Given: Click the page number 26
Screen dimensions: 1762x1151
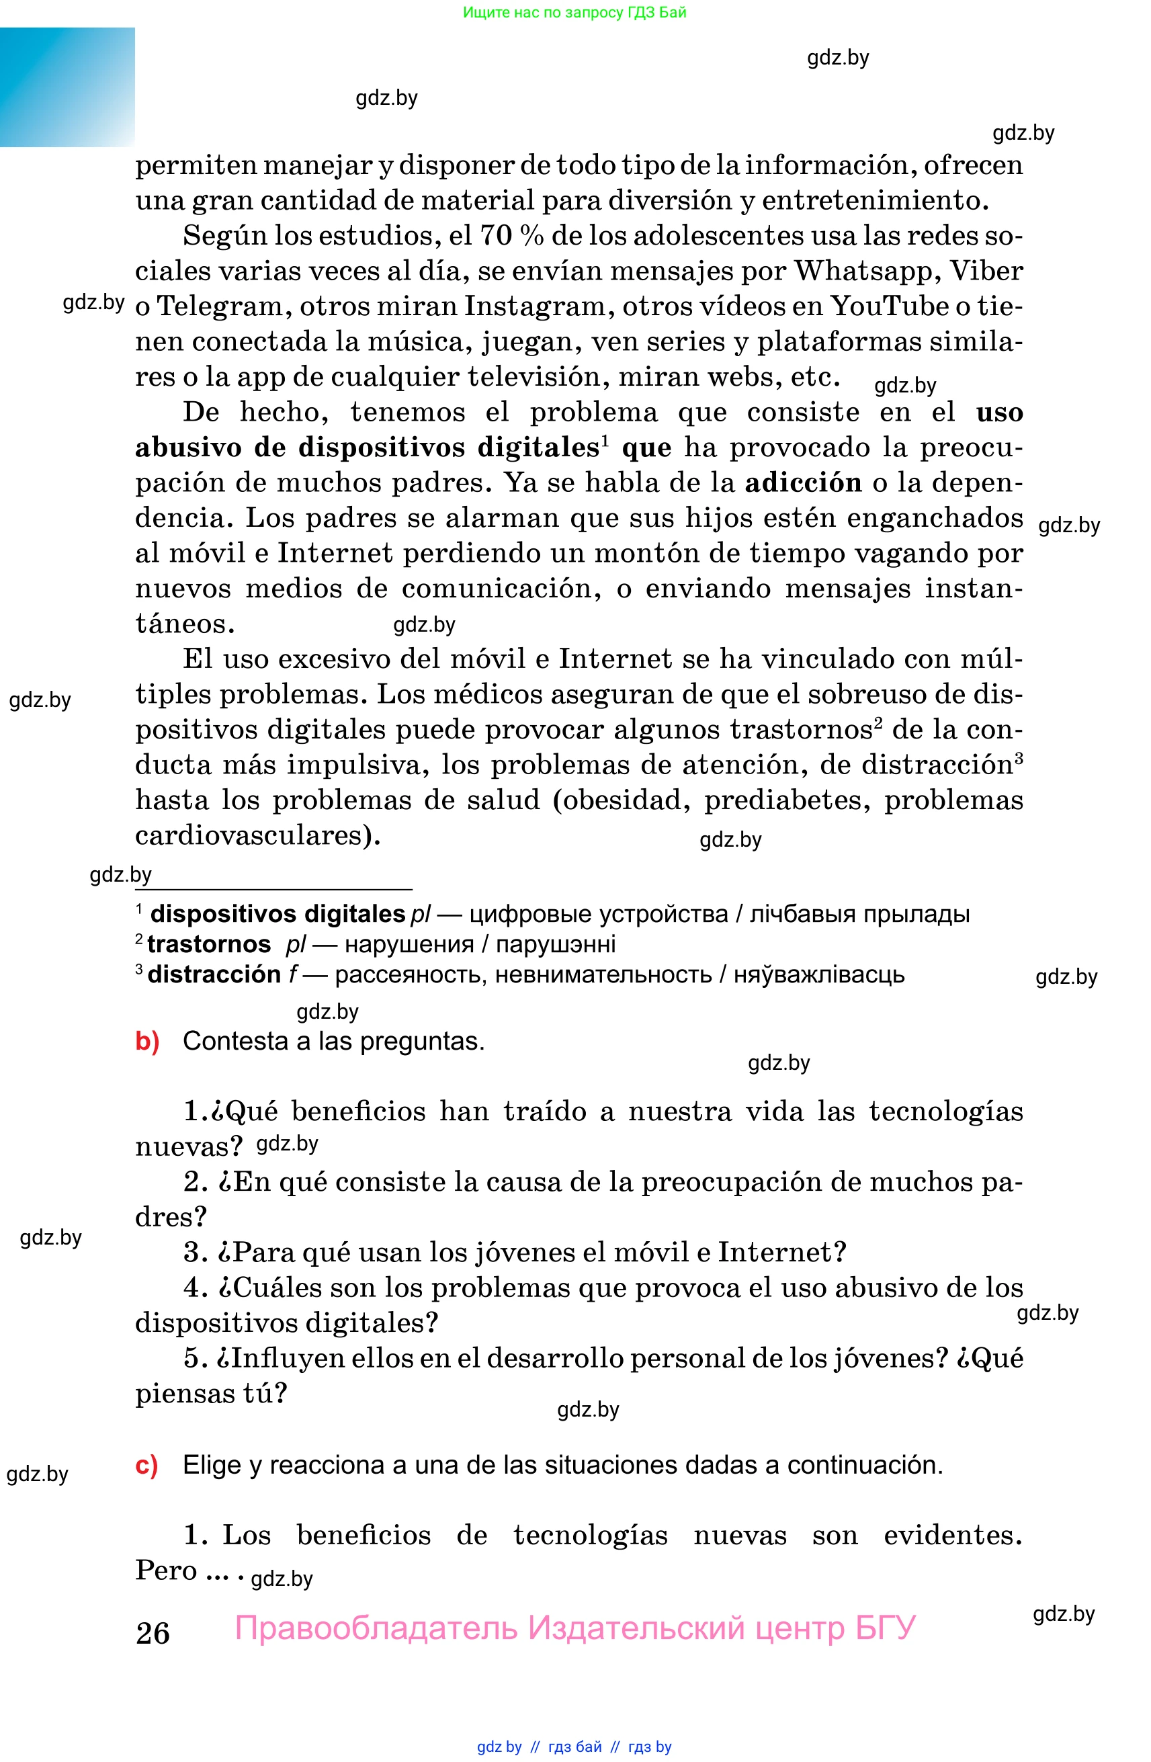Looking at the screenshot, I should [153, 1632].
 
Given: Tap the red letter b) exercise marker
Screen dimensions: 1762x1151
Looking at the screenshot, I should [147, 1041].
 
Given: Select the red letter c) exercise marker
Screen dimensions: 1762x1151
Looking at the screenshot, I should [146, 1464].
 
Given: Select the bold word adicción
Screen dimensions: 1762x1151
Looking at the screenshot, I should [803, 483].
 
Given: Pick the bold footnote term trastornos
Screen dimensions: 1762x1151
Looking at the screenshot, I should [209, 944].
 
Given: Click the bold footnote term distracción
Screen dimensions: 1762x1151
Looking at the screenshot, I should [214, 974].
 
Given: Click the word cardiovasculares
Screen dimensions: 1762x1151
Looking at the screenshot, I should [253, 835].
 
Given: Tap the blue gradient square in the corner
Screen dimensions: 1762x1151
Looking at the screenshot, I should [67, 87].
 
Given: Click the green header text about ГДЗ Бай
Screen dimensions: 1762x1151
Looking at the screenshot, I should [574, 12].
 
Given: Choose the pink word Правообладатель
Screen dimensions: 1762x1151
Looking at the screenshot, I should [376, 1628].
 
